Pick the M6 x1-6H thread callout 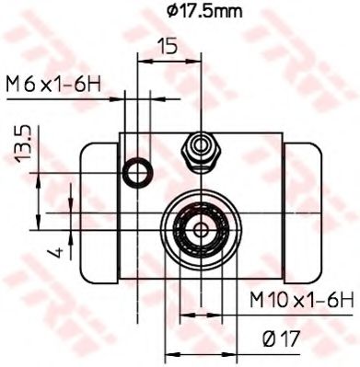click(52, 86)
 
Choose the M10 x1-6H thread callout click(302, 298)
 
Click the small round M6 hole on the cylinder click(138, 169)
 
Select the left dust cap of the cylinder click(98, 212)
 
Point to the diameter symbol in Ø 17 click(267, 339)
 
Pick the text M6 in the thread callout click(21, 86)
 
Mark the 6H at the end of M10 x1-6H click(339, 298)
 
